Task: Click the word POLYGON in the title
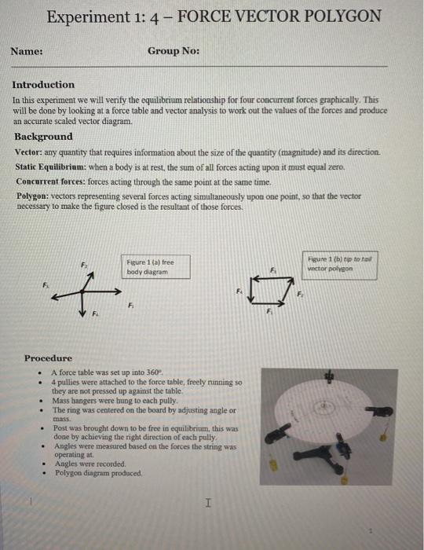coord(340,16)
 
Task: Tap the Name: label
coord(26,51)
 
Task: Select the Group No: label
coord(173,51)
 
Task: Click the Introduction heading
coord(43,85)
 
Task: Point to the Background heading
coord(43,137)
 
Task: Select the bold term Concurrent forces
coord(52,181)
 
